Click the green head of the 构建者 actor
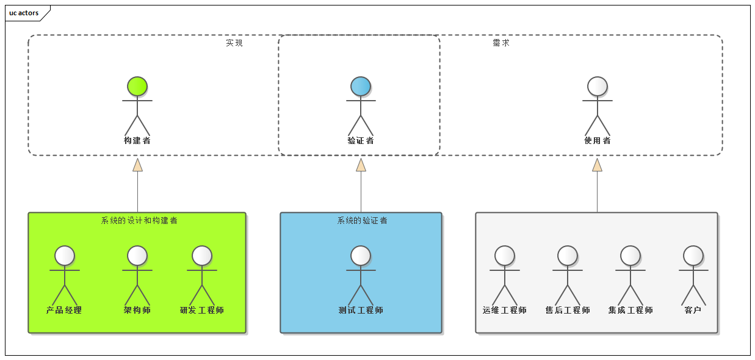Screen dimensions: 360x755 pyautogui.click(x=137, y=87)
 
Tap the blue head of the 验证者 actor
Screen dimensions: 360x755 pyautogui.click(x=361, y=87)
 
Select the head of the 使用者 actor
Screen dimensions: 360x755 pyautogui.click(x=597, y=87)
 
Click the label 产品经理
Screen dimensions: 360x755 pyautogui.click(x=64, y=310)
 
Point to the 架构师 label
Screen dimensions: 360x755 pyautogui.click(x=137, y=310)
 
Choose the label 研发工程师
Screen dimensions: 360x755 pyautogui.click(x=202, y=310)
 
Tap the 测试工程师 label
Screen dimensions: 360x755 pyautogui.click(x=361, y=310)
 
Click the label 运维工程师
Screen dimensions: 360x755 pyautogui.click(x=505, y=310)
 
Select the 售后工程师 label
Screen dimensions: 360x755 pyautogui.click(x=568, y=310)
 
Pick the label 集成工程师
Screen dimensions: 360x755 pyautogui.click(x=630, y=310)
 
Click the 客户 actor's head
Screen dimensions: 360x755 pyautogui.click(x=693, y=256)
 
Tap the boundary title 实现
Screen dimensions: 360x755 pyautogui.click(x=234, y=43)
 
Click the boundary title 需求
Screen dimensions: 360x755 pyautogui.click(x=501, y=43)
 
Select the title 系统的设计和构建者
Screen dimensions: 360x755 pyautogui.click(x=139, y=220)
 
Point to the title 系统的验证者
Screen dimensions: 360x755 pyautogui.click(x=362, y=220)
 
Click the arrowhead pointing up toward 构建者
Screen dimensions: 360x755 pyautogui.click(x=137, y=165)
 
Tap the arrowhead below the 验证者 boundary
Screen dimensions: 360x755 pyautogui.click(x=361, y=165)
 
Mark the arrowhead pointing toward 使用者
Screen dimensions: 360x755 pyautogui.click(x=597, y=165)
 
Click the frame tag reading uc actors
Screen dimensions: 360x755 pyautogui.click(x=24, y=13)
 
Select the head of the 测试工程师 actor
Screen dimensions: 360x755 pyautogui.click(x=361, y=256)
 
